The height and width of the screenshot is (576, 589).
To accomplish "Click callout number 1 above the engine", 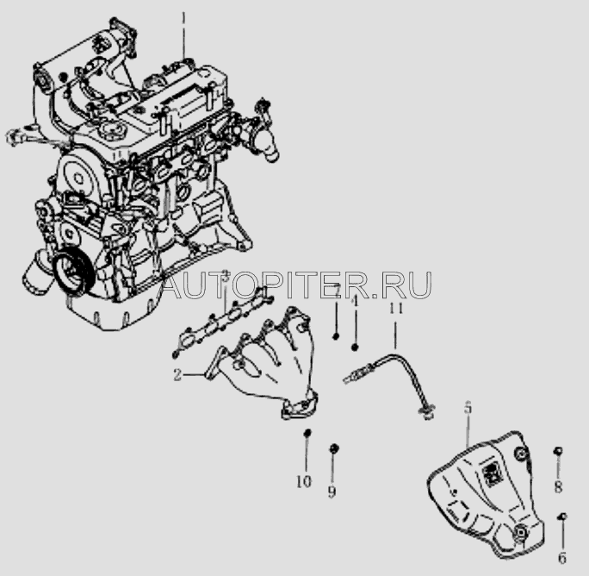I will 183,16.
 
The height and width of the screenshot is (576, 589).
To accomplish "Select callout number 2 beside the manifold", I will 176,374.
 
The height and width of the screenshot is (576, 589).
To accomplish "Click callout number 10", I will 303,481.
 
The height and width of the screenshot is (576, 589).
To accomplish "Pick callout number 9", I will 332,491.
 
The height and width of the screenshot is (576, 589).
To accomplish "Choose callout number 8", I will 558,487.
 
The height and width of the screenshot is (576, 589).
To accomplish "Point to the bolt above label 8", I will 558,452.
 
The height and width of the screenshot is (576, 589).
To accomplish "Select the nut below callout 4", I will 355,347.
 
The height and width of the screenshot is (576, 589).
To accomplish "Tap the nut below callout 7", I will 337,336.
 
